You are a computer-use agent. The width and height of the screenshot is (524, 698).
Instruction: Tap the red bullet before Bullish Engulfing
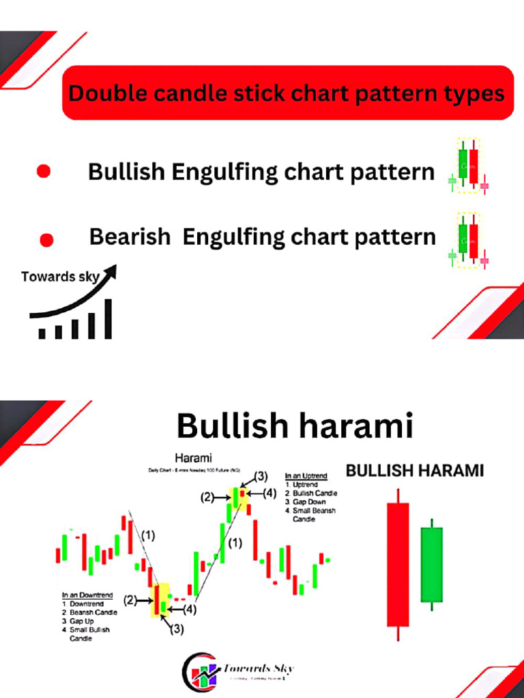[x=44, y=171]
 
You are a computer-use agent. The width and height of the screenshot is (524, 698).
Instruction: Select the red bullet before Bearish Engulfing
[x=46, y=239]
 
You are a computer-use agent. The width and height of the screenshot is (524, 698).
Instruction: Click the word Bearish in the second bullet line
[x=130, y=237]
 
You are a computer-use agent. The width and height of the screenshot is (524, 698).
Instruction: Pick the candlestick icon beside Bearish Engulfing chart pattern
[x=468, y=239]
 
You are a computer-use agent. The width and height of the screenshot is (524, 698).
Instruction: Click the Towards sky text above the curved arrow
[x=60, y=277]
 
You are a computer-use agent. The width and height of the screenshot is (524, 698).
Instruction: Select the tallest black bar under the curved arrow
[x=108, y=318]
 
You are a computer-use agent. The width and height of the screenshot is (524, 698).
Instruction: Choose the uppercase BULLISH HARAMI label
[x=415, y=470]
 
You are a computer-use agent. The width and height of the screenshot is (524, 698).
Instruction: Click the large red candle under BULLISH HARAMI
[x=398, y=564]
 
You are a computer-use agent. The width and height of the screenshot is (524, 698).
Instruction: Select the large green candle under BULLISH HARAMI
[x=431, y=564]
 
